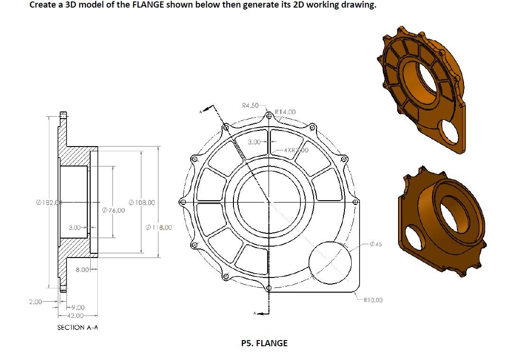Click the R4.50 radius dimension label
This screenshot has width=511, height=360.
[x=250, y=105]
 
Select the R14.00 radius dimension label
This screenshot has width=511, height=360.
[x=285, y=112]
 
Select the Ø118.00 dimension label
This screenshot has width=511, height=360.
[x=159, y=227]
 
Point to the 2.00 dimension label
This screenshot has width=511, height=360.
[x=35, y=301]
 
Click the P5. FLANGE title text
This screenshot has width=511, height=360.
[x=264, y=343]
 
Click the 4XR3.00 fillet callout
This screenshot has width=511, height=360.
[x=295, y=150]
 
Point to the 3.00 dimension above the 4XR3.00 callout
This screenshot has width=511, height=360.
[x=255, y=141]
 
